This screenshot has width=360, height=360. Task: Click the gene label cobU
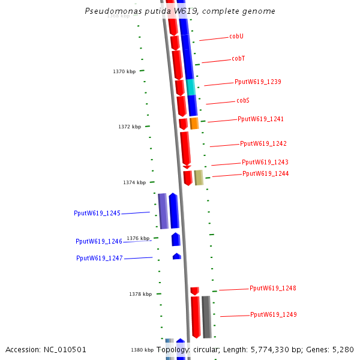point(236,37)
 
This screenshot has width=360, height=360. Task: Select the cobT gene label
point(238,59)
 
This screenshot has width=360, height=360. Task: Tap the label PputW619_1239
point(258,82)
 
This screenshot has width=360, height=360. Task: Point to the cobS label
point(242,101)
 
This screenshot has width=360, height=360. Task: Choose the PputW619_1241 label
point(260,119)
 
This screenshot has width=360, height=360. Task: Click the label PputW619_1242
point(263,144)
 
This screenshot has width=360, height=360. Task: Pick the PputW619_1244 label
point(265,174)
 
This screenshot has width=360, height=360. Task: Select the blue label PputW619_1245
point(97,213)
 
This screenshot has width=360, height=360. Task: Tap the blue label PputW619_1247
point(100,258)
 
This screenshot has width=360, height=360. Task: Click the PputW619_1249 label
point(273,315)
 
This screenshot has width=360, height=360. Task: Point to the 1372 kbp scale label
point(130,127)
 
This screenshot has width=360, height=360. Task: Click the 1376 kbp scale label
point(138,238)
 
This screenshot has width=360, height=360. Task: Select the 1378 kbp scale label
point(140,294)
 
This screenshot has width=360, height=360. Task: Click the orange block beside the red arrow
point(194,123)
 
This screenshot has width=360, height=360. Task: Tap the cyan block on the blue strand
point(191,87)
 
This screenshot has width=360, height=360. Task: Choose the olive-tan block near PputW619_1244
point(199,178)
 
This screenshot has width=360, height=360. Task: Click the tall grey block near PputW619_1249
point(206,317)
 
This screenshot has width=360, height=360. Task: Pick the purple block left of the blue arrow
point(163,211)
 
